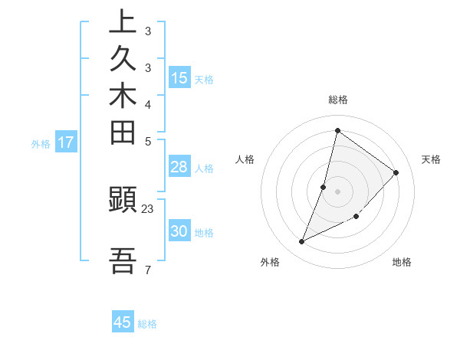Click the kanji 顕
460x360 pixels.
123,201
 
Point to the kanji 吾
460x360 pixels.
123,260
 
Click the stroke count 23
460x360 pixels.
148,209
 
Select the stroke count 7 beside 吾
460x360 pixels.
148,270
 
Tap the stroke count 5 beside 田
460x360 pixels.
148,141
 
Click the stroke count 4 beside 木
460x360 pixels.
148,104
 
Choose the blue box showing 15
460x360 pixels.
179,77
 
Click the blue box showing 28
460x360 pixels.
179,167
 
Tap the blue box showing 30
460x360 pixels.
179,231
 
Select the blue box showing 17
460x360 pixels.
66,142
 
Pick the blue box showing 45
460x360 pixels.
123,322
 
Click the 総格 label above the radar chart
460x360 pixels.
337,100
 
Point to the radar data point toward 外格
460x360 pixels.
302,242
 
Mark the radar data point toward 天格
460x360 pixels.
396,172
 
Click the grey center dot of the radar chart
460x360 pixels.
337,191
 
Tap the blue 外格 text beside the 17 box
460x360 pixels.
41,142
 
